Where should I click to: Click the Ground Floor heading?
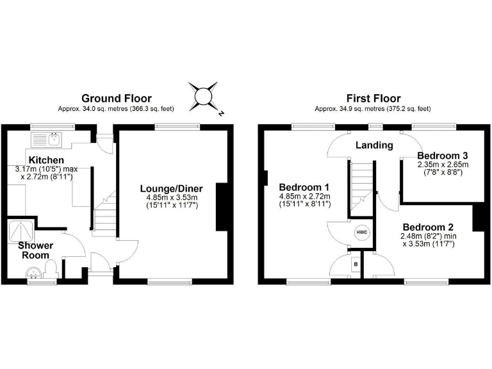point(116,98)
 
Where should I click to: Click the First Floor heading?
point(373,98)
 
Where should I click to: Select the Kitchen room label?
point(45,160)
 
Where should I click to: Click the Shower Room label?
point(35,250)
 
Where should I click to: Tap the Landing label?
point(375,145)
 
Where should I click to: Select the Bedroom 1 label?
point(304,187)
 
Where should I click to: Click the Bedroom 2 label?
point(428,227)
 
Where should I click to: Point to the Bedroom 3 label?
point(443,156)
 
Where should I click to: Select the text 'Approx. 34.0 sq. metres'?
point(90,109)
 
